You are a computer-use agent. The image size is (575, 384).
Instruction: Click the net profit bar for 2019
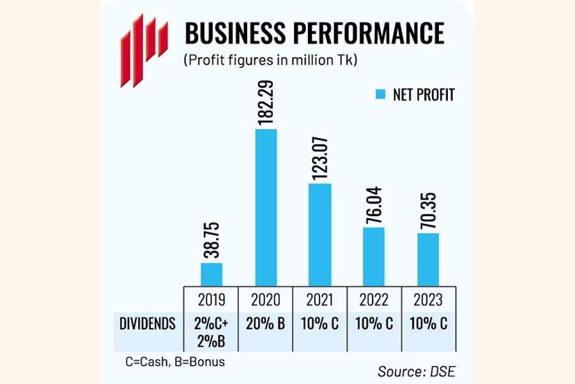pyautogui.click(x=211, y=274)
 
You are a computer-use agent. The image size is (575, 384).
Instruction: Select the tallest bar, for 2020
pyautogui.click(x=266, y=207)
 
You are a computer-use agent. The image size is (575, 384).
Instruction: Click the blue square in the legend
pyautogui.click(x=382, y=95)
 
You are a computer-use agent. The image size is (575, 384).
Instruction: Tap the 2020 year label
pyautogui.click(x=266, y=300)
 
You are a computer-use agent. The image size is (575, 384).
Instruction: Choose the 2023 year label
pyautogui.click(x=428, y=300)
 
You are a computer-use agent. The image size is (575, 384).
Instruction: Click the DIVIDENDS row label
pyautogui.click(x=148, y=324)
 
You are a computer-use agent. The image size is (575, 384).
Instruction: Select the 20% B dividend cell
pyautogui.click(x=266, y=324)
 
